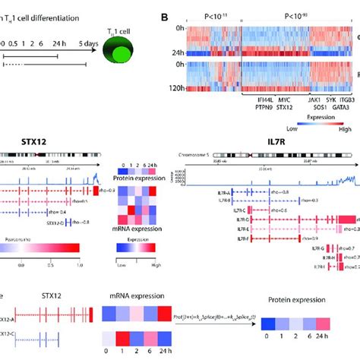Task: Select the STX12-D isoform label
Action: point(55,223)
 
